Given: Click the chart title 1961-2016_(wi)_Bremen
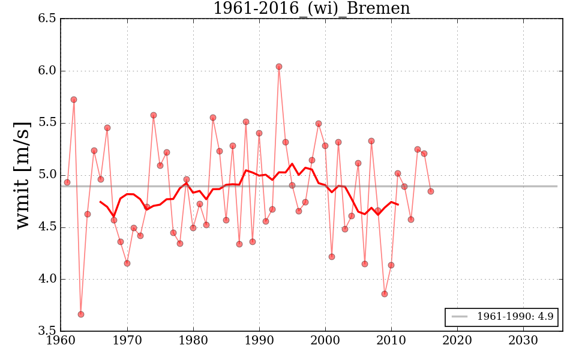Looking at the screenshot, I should tap(311, 8).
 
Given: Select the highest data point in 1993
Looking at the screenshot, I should tap(279, 67).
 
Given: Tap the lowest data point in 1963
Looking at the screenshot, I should tap(81, 314).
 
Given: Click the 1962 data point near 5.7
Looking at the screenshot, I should tap(74, 100).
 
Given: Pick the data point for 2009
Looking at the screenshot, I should tap(385, 294).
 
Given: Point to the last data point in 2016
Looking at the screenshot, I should tap(431, 191).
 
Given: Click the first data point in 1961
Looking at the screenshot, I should tap(67, 182).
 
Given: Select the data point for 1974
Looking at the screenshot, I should tap(154, 115).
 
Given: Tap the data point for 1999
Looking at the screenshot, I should tap(319, 124).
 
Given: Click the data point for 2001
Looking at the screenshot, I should tap(332, 257).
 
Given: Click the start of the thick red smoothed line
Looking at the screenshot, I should tap(100, 202).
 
